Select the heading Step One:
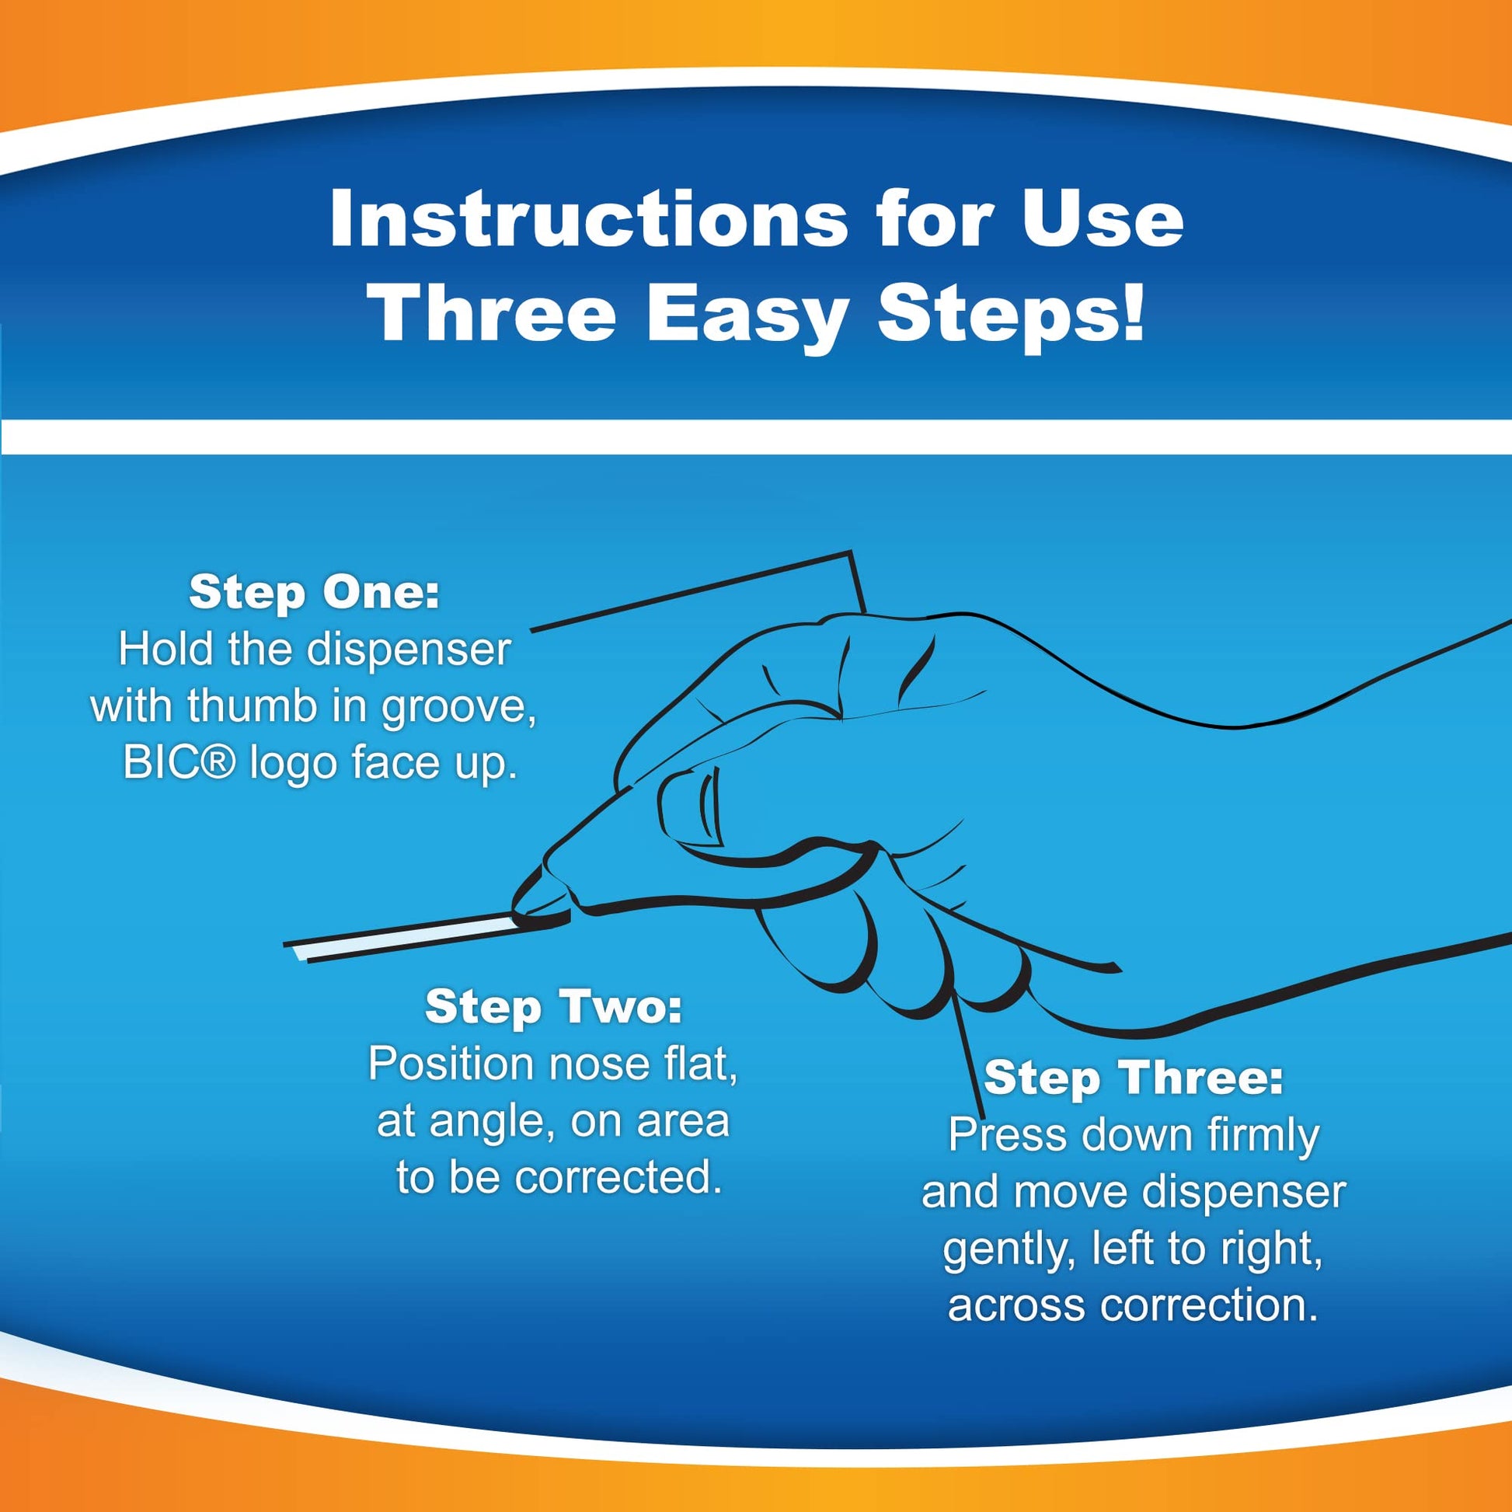pyautogui.click(x=315, y=592)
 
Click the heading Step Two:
pyautogui.click(x=553, y=1006)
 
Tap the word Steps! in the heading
pyautogui.click(x=1012, y=316)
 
